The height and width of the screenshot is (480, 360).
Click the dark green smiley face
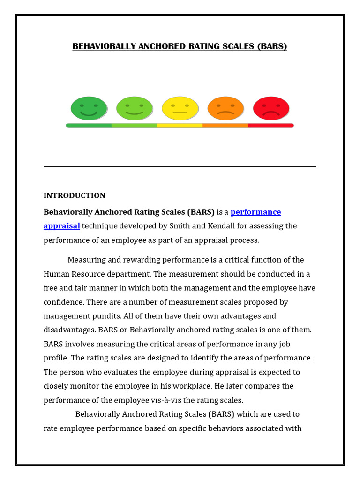89,108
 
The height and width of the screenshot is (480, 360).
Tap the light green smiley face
135,108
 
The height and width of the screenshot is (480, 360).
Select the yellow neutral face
180,108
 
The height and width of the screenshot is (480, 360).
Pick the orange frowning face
225,108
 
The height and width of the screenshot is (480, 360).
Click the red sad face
271,108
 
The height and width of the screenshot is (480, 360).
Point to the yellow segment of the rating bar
180,126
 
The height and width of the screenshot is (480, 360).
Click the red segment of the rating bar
271,126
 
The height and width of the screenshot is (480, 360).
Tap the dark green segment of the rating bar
89,126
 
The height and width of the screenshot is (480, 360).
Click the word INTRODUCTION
75,195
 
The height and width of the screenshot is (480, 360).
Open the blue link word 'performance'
256,212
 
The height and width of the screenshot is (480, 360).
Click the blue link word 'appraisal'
62,226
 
